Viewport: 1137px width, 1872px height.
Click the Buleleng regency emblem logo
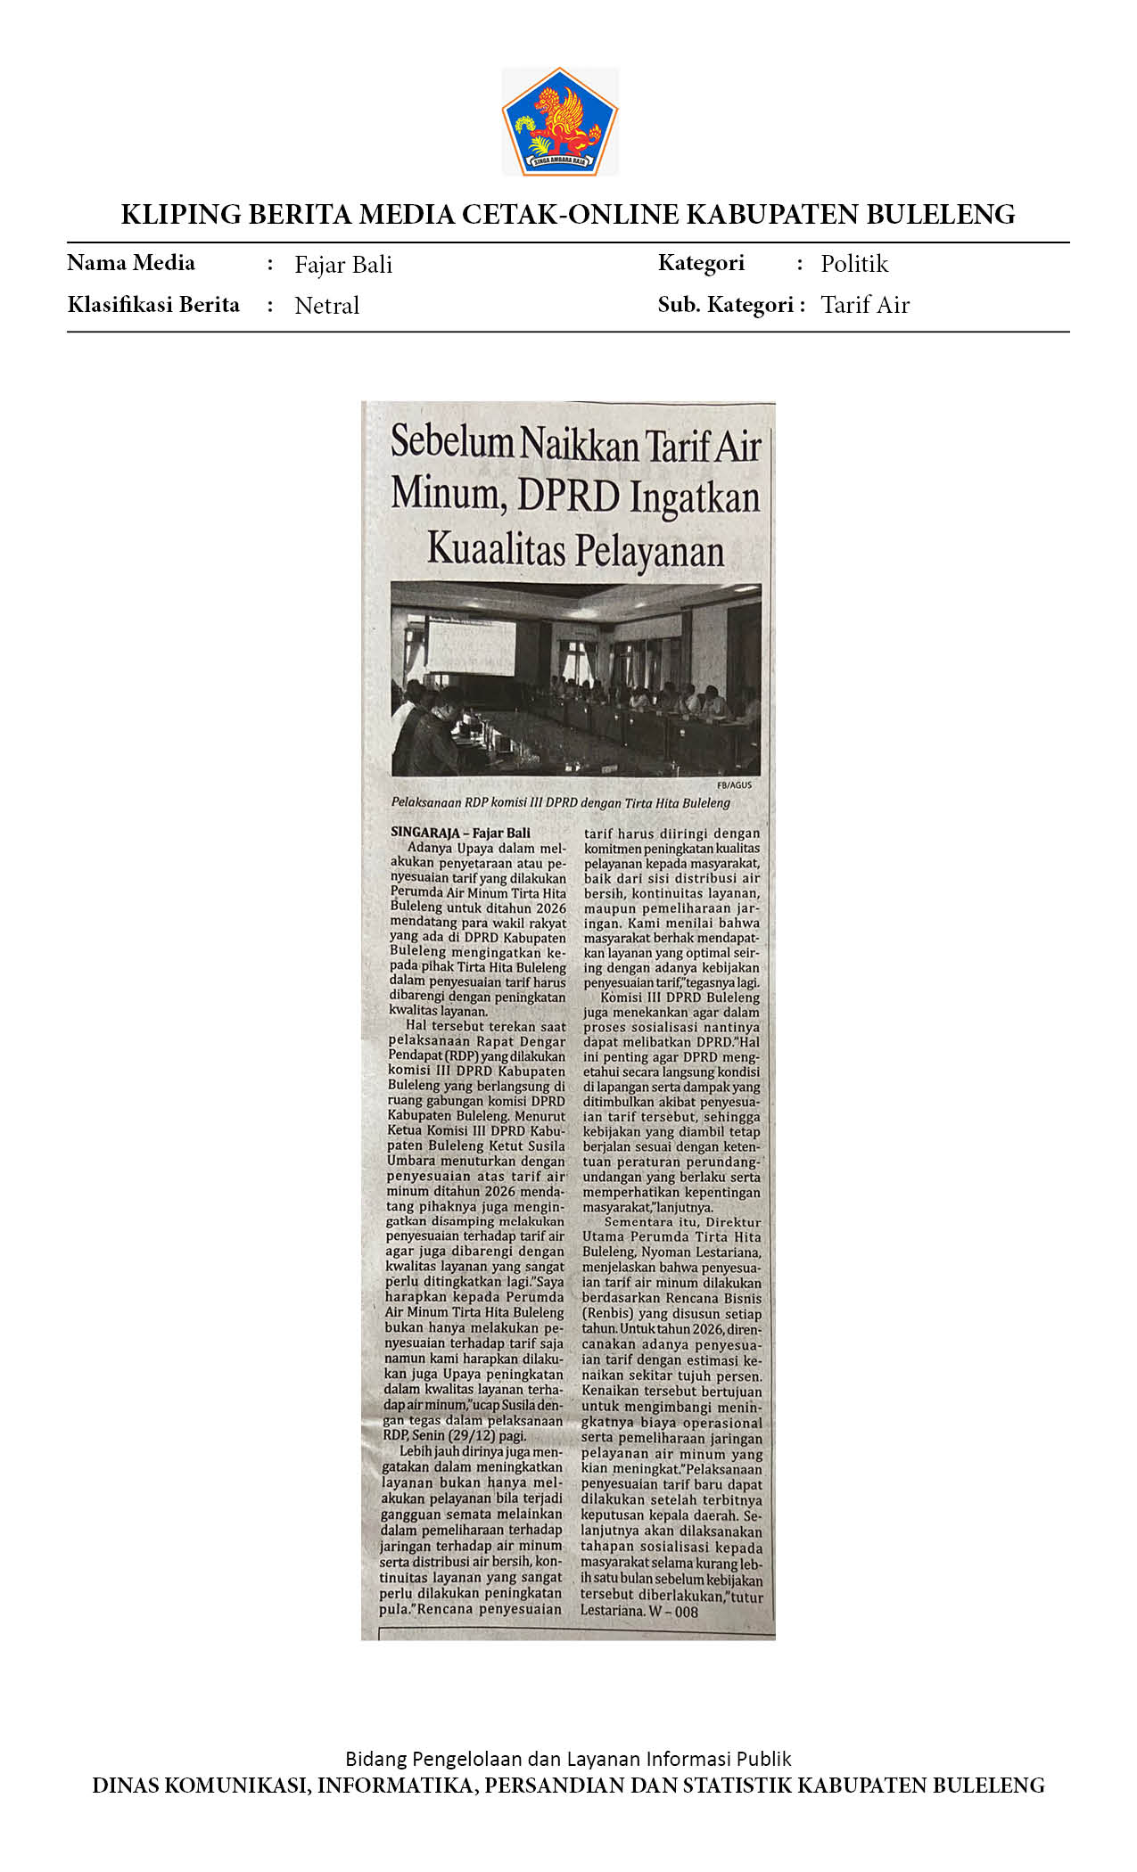[560, 121]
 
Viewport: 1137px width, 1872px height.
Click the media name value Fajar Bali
[343, 265]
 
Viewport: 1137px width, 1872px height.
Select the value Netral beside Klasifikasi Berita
[326, 306]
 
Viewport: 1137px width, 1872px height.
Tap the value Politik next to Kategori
[854, 264]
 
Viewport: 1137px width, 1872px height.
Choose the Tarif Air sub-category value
[865, 305]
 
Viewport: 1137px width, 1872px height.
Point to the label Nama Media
[131, 263]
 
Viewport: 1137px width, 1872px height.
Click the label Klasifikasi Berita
[153, 305]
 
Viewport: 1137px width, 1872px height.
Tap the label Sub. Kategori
[726, 305]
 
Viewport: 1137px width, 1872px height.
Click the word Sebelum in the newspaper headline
[452, 442]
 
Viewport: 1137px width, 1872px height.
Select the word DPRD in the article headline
[568, 496]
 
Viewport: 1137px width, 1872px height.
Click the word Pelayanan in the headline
[649, 551]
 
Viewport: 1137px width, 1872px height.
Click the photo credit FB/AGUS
[734, 785]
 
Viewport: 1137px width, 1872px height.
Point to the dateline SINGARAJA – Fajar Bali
[460, 833]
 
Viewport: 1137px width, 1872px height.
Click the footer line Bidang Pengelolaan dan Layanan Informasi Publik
[568, 1759]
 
